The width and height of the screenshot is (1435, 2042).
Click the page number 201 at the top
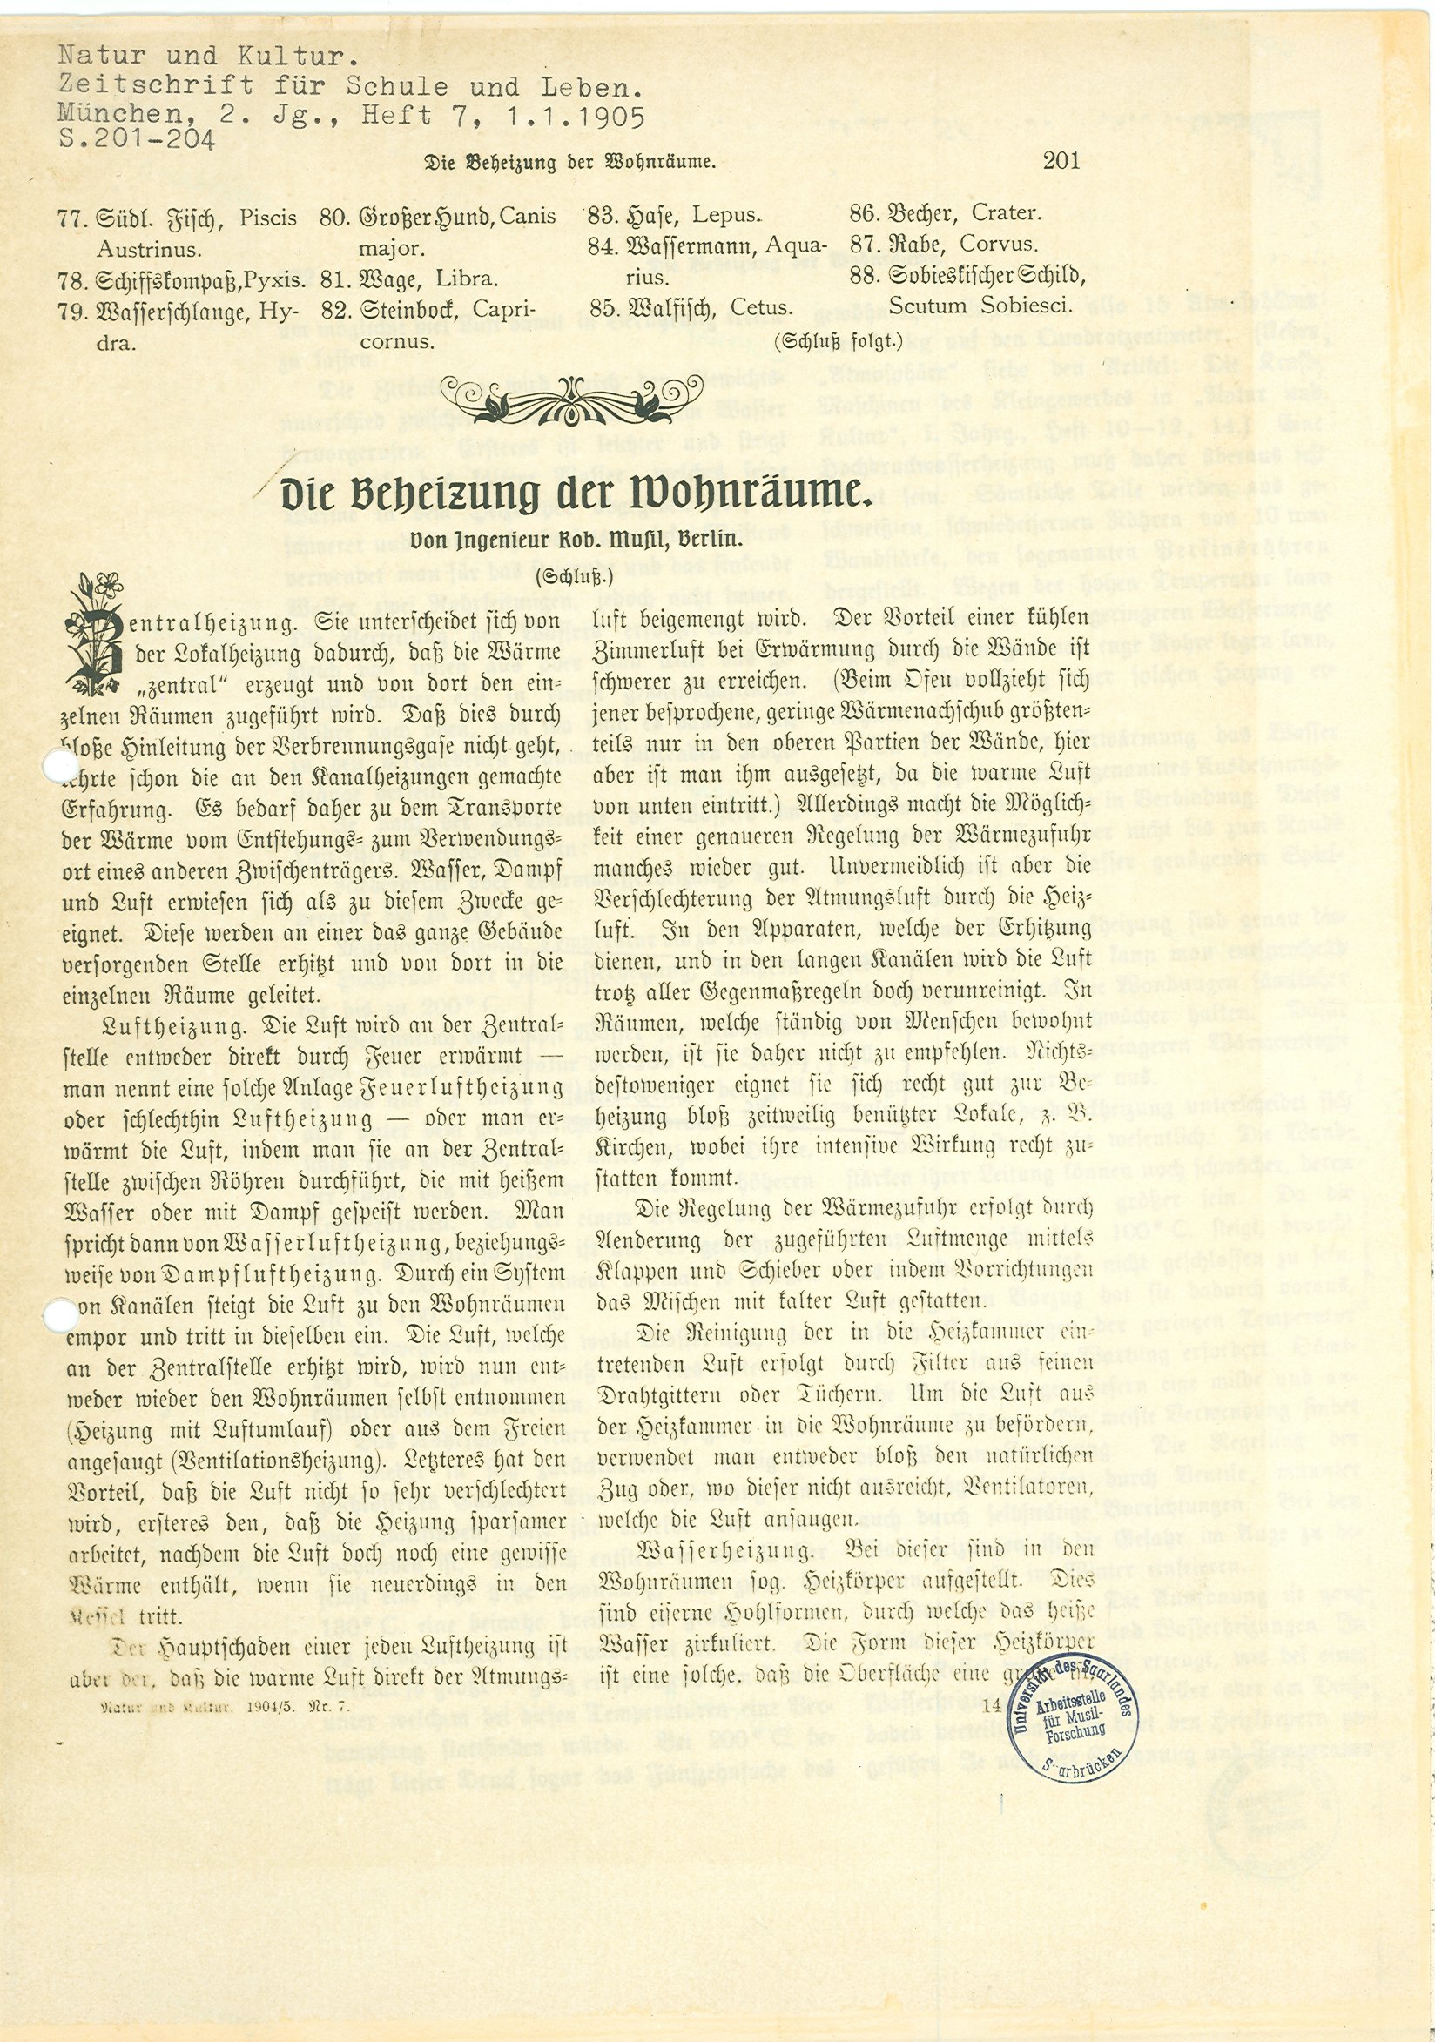tap(1061, 161)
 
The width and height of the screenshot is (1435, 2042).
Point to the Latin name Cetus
tap(761, 308)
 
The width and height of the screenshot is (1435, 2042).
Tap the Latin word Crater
tap(1006, 213)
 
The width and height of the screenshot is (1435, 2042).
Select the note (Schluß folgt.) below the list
tap(838, 339)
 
